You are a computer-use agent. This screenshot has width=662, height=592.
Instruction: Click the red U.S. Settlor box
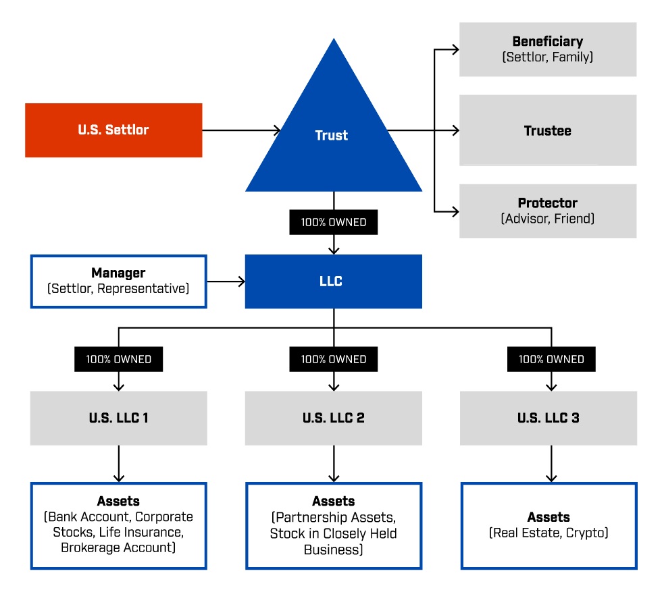tap(113, 130)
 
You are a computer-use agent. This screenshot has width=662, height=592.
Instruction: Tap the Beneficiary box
tap(547, 49)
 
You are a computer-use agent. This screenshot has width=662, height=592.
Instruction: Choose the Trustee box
tap(547, 130)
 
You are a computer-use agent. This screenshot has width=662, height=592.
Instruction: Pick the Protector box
tap(547, 211)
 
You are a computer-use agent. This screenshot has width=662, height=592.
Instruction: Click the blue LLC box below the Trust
tap(333, 281)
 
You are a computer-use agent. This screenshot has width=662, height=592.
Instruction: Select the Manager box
tap(118, 281)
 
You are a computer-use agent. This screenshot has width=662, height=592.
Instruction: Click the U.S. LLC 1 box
tap(118, 418)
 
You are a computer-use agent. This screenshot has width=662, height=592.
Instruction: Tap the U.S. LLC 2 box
tap(333, 418)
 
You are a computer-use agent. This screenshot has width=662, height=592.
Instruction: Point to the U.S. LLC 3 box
tap(548, 418)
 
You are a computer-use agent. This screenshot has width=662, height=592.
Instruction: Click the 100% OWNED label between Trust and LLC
tap(333, 222)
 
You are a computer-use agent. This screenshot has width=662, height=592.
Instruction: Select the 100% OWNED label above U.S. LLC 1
tap(118, 359)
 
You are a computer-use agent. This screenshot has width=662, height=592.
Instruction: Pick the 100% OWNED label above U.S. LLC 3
tap(551, 359)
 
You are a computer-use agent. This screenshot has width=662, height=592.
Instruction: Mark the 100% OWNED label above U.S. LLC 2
tap(333, 359)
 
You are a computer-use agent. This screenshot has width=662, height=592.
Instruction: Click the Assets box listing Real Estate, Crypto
tap(549, 525)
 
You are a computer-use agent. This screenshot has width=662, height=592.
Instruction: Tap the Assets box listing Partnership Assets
tap(333, 525)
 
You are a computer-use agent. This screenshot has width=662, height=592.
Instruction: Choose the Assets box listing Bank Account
tap(118, 525)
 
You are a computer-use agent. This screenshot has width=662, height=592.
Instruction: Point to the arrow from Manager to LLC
tap(226, 281)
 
